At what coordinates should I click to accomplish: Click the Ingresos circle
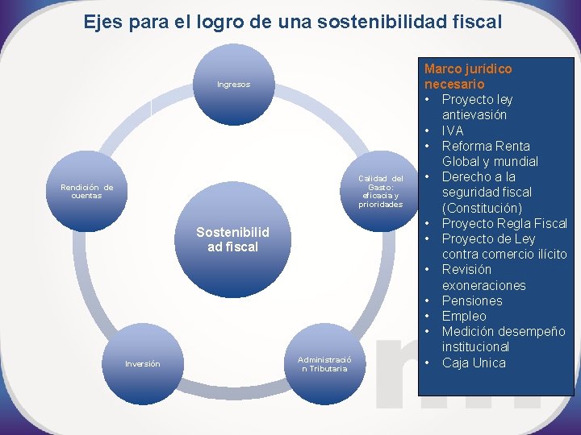tap(233, 85)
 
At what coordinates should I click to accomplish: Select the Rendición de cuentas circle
tap(87, 191)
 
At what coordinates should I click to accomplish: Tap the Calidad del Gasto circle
tap(380, 191)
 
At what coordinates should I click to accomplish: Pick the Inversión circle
tap(143, 363)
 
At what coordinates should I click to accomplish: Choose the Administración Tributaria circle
tap(323, 363)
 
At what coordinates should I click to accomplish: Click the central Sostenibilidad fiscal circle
tap(232, 240)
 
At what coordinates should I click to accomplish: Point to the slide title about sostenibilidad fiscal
tap(293, 21)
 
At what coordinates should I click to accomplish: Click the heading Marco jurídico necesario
tap(468, 77)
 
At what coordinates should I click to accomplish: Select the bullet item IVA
tap(453, 130)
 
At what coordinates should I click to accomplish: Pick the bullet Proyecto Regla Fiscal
tap(504, 223)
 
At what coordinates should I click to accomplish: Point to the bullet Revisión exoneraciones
tap(483, 277)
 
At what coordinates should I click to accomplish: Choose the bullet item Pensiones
tap(472, 300)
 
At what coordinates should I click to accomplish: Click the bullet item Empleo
tap(464, 316)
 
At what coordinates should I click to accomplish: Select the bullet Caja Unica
tap(474, 362)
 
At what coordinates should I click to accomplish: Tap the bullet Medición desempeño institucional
tap(502, 339)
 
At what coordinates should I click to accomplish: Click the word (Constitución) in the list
tap(482, 208)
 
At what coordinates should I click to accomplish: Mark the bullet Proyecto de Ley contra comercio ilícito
tap(504, 246)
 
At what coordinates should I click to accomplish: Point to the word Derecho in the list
tap(467, 176)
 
